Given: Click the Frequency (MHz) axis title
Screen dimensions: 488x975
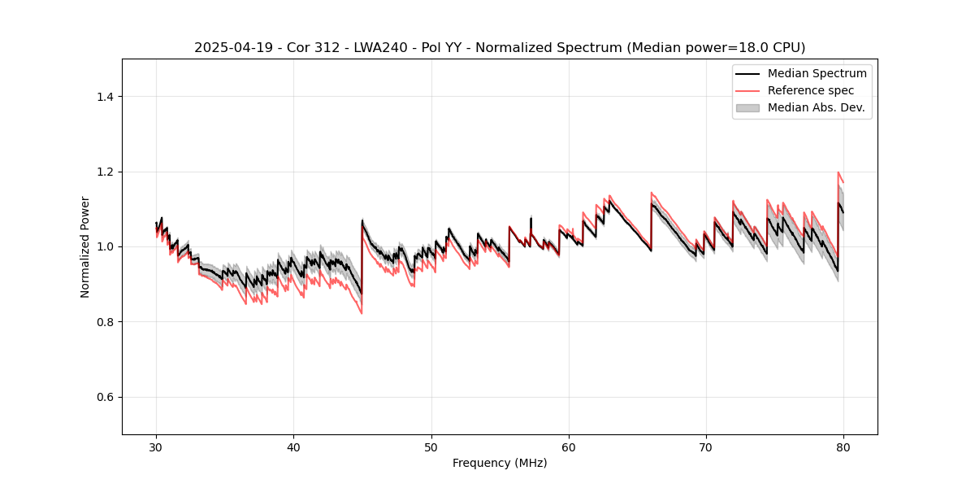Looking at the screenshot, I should click(x=500, y=463).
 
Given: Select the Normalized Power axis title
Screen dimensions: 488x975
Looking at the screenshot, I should click(x=85, y=246).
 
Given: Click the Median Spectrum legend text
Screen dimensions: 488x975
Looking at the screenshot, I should click(x=817, y=73).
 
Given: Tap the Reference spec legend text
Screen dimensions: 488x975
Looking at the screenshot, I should click(x=811, y=90).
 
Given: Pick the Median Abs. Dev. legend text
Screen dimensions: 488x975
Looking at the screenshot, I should click(x=817, y=107).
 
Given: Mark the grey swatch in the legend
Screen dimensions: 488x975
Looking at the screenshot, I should click(x=747, y=107).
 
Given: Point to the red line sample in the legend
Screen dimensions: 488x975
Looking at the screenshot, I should click(x=747, y=90).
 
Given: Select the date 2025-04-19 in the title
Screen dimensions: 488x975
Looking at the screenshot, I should click(x=228, y=48).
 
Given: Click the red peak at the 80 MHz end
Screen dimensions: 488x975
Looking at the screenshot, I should click(x=838, y=172).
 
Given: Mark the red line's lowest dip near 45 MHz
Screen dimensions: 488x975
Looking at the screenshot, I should click(x=362, y=313).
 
